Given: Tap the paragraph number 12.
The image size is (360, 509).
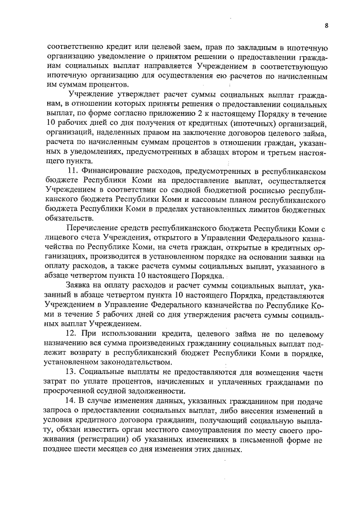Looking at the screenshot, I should pos(71,334).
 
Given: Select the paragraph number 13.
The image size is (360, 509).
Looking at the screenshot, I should pos(71,372).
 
